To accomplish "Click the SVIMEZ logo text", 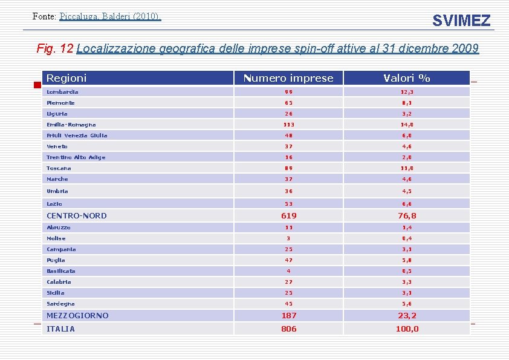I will [x=461, y=21].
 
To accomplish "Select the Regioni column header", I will [x=66, y=78].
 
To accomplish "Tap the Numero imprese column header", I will [x=288, y=78].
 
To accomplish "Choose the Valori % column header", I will [x=407, y=78].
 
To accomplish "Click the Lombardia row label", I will [x=63, y=92].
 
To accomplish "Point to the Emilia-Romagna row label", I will [x=71, y=125].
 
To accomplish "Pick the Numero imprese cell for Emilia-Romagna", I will [x=288, y=125].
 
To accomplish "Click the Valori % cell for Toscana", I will [x=407, y=168].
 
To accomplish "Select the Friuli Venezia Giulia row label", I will [x=77, y=136].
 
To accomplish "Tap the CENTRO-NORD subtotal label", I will [x=77, y=215].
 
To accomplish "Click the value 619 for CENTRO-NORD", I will [x=288, y=215].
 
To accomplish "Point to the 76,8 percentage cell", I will [x=407, y=215].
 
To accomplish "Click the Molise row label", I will [x=56, y=238].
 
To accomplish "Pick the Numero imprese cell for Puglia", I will [x=288, y=260].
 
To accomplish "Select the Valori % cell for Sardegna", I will [x=407, y=304].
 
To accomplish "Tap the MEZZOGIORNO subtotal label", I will [x=78, y=315].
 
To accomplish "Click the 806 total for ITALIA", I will [x=288, y=329].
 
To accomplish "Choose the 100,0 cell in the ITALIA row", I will [x=407, y=329].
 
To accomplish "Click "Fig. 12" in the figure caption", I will [x=55, y=48].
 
